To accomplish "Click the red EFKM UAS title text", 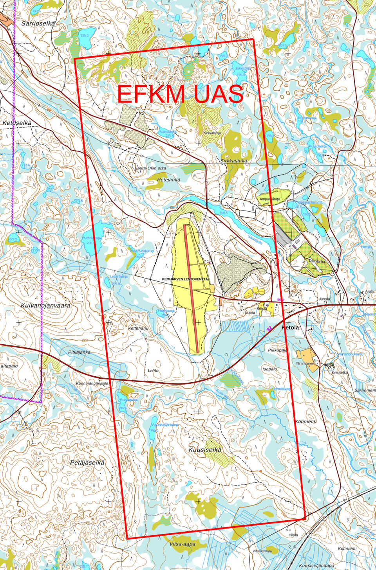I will coord(180,94).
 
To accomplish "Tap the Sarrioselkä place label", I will coord(38,23).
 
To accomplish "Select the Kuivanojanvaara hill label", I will coord(45,305).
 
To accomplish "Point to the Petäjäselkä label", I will coord(87,462).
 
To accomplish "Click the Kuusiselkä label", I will coord(205,450).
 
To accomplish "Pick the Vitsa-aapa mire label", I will coord(183,544).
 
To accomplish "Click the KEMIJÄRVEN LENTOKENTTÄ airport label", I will coord(185,279).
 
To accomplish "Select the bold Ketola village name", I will coord(290,327).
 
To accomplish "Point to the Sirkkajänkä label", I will coord(233,161).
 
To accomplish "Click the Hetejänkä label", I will coord(169,180).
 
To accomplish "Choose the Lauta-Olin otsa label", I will coord(150,168).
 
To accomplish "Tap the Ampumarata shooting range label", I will coord(270,199).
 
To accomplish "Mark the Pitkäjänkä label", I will coord(79,352).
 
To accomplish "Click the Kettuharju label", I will coord(138,328).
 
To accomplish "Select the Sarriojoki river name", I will coord(255,239).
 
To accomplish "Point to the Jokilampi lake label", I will coord(242,68).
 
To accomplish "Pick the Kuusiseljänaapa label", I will coord(316,565).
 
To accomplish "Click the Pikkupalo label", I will coord(277,350).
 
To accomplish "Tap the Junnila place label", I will coord(324,299).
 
